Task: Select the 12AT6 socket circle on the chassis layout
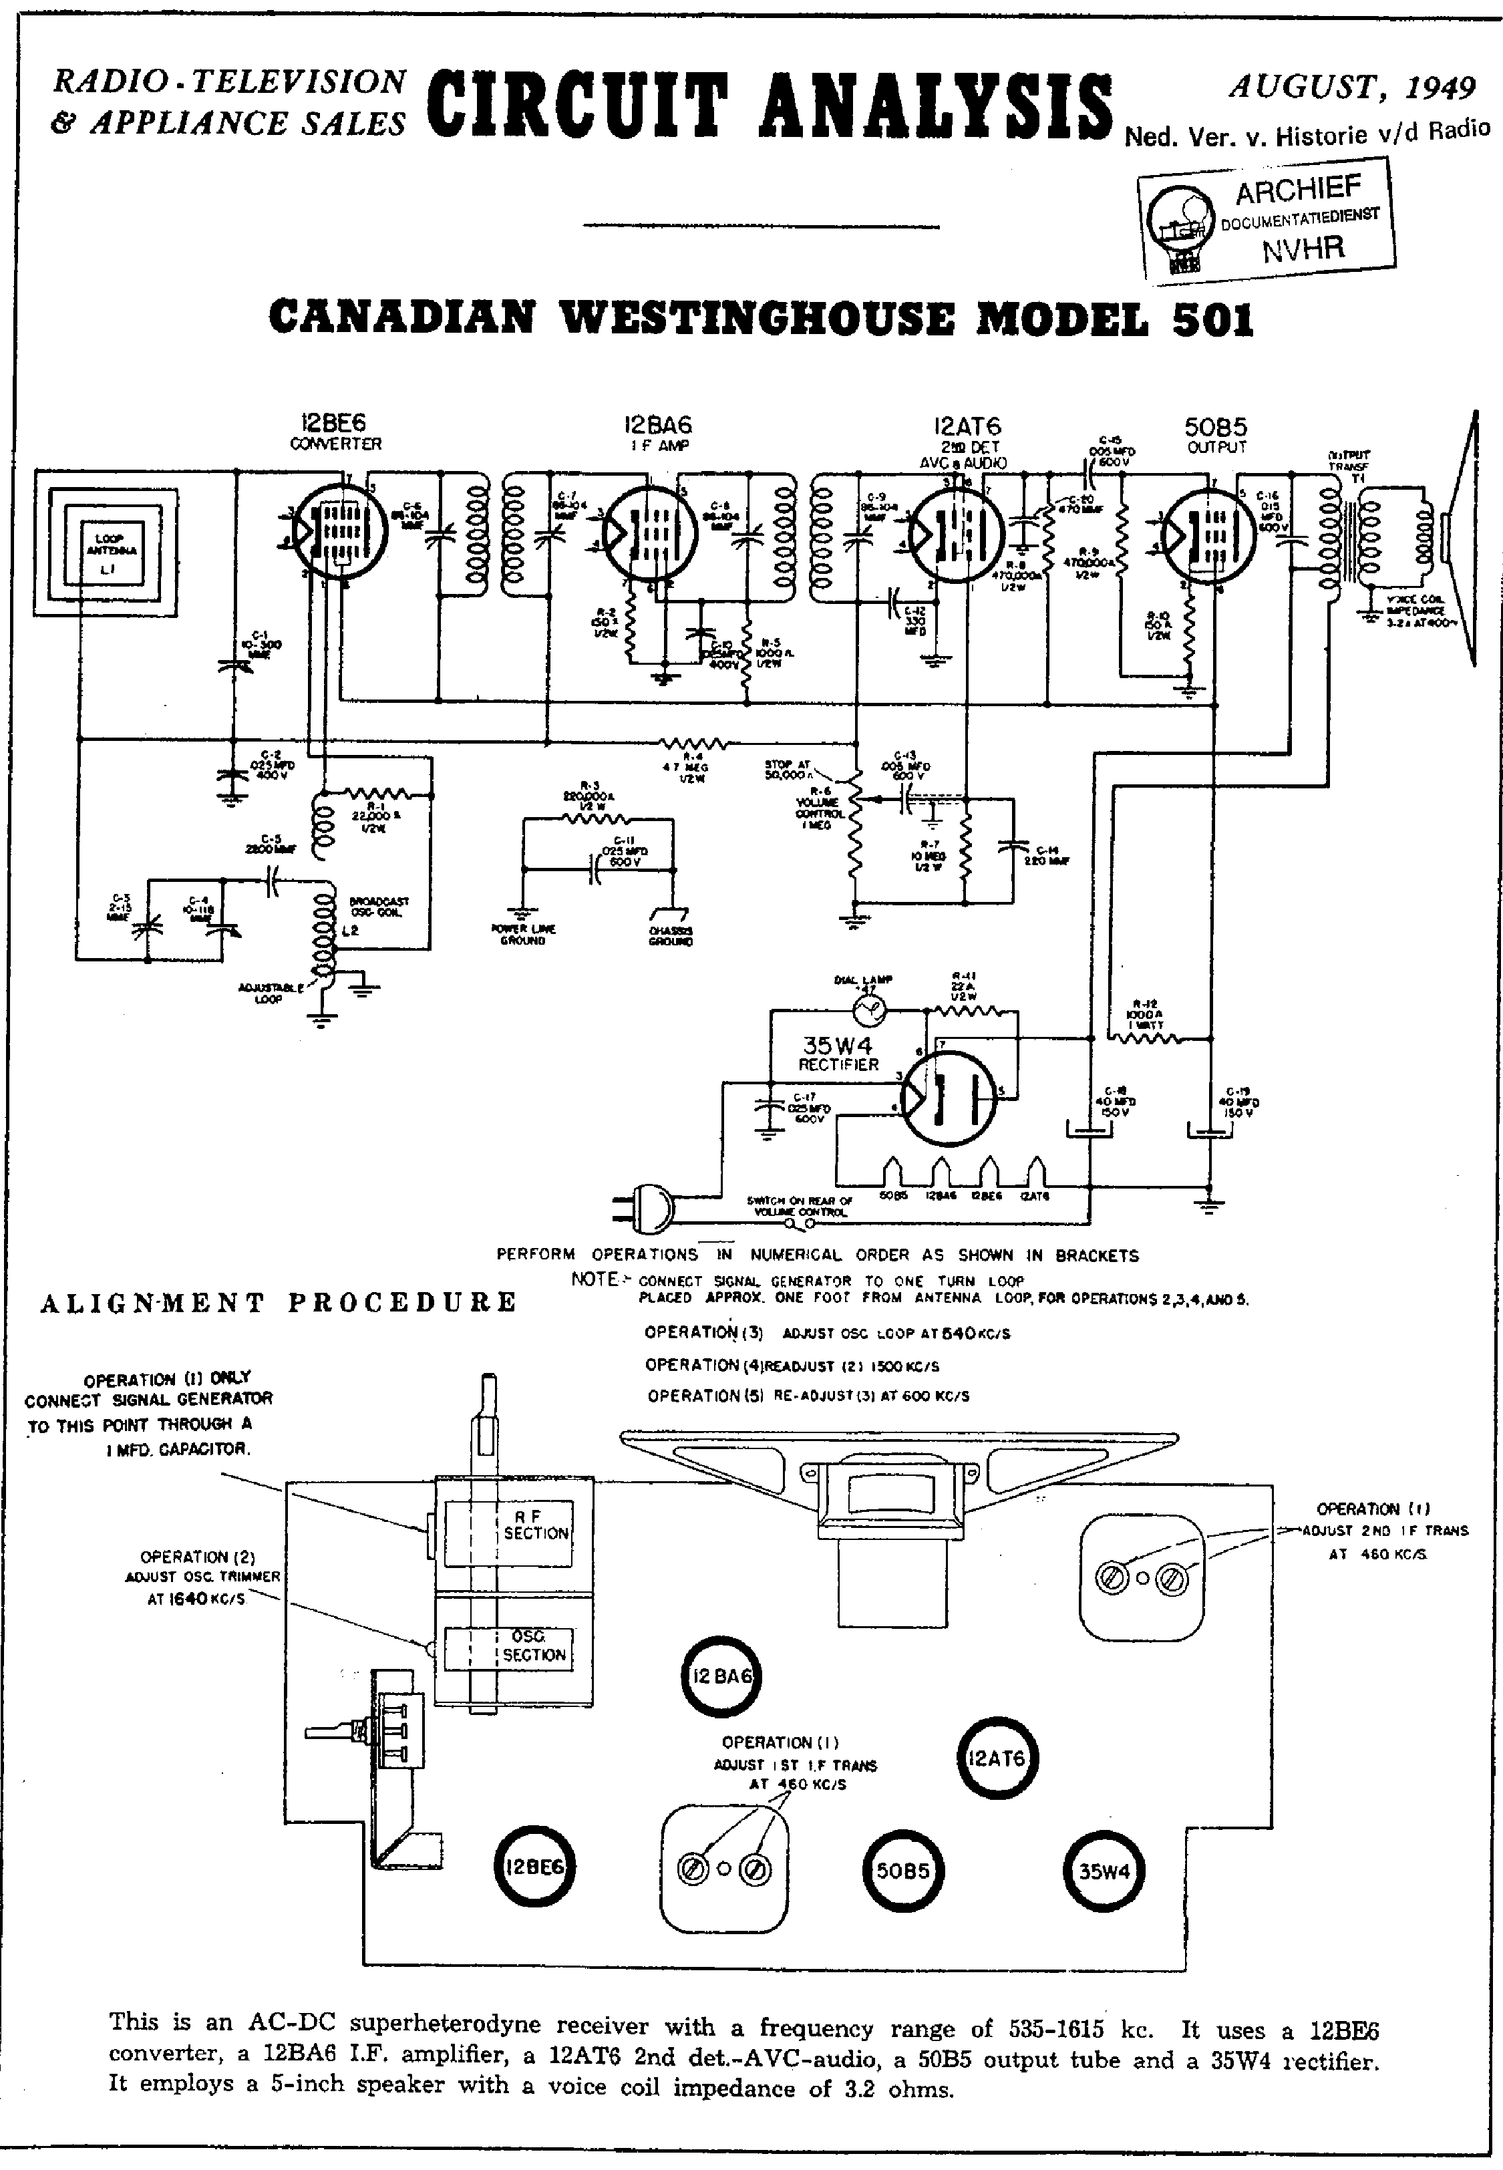pyautogui.click(x=997, y=1758)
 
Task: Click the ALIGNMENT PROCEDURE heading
pyautogui.click(x=279, y=1301)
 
